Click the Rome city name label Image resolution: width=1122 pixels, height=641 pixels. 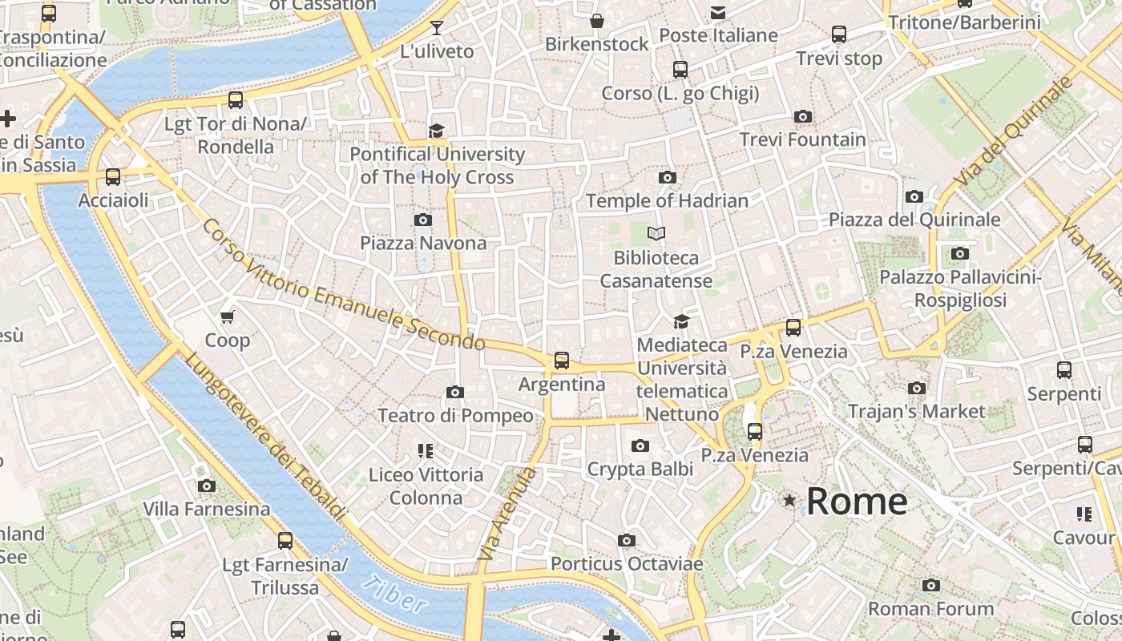tap(856, 502)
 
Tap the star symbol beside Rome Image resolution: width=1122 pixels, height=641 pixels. tap(790, 501)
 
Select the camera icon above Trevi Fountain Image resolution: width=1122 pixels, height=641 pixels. tap(802, 117)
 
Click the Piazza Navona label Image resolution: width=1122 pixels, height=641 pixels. tap(422, 243)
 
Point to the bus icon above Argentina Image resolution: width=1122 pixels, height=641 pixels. tap(562, 361)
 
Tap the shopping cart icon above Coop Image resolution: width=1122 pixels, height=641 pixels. tap(228, 317)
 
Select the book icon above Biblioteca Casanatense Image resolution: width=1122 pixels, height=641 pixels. tap(656, 234)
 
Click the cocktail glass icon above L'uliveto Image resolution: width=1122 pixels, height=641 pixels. tap(436, 29)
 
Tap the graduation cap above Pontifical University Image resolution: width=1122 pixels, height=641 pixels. tap(436, 131)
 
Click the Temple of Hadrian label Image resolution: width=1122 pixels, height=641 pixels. tap(667, 200)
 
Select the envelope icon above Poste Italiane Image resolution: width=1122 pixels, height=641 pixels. tap(717, 13)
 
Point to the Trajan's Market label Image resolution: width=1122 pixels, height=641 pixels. tap(916, 411)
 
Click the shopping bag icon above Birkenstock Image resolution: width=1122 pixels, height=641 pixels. tap(596, 21)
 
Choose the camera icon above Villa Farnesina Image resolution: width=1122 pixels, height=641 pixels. tap(206, 486)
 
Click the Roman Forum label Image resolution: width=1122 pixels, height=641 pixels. tap(930, 608)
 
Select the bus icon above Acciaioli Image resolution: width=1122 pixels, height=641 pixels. tap(113, 177)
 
